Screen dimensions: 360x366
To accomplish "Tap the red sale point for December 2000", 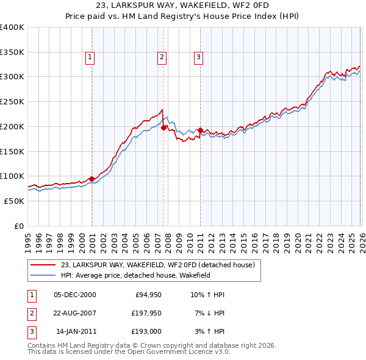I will [x=92, y=179].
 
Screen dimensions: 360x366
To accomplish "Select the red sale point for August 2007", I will [x=164, y=128].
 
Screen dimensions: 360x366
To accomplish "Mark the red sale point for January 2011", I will [x=201, y=130].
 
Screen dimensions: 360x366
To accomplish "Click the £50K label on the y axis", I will [x=15, y=201].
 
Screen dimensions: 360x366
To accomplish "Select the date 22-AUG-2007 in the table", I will [x=75, y=313].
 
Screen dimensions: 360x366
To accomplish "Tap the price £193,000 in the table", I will [x=147, y=331].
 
